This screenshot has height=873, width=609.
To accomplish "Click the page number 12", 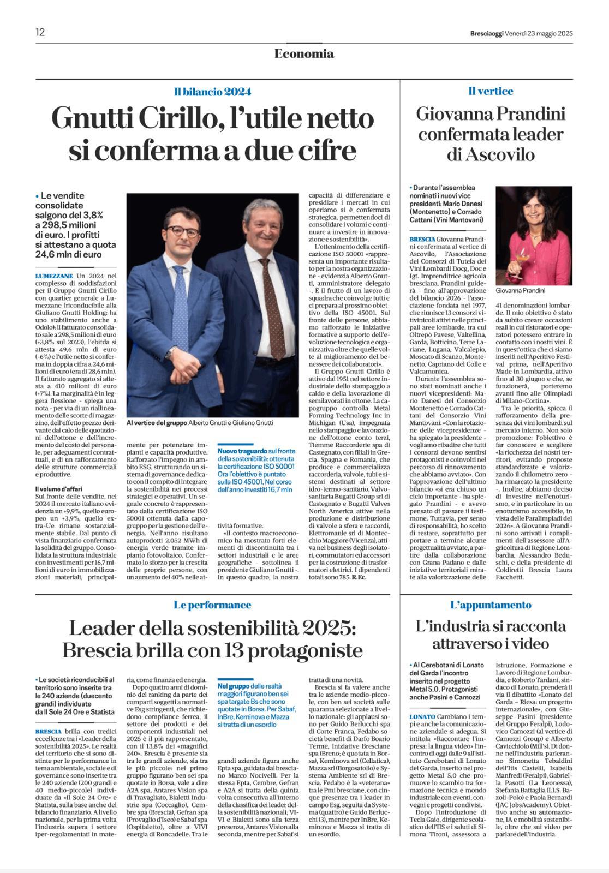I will (x=40, y=32).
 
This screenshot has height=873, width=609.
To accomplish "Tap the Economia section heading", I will (x=304, y=53).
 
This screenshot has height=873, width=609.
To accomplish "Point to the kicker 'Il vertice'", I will (x=491, y=91).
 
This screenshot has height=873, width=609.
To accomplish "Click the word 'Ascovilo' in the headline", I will (x=490, y=154).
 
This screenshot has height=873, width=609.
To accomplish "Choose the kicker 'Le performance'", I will (x=212, y=605).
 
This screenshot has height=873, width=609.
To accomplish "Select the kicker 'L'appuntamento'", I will (x=491, y=605).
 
